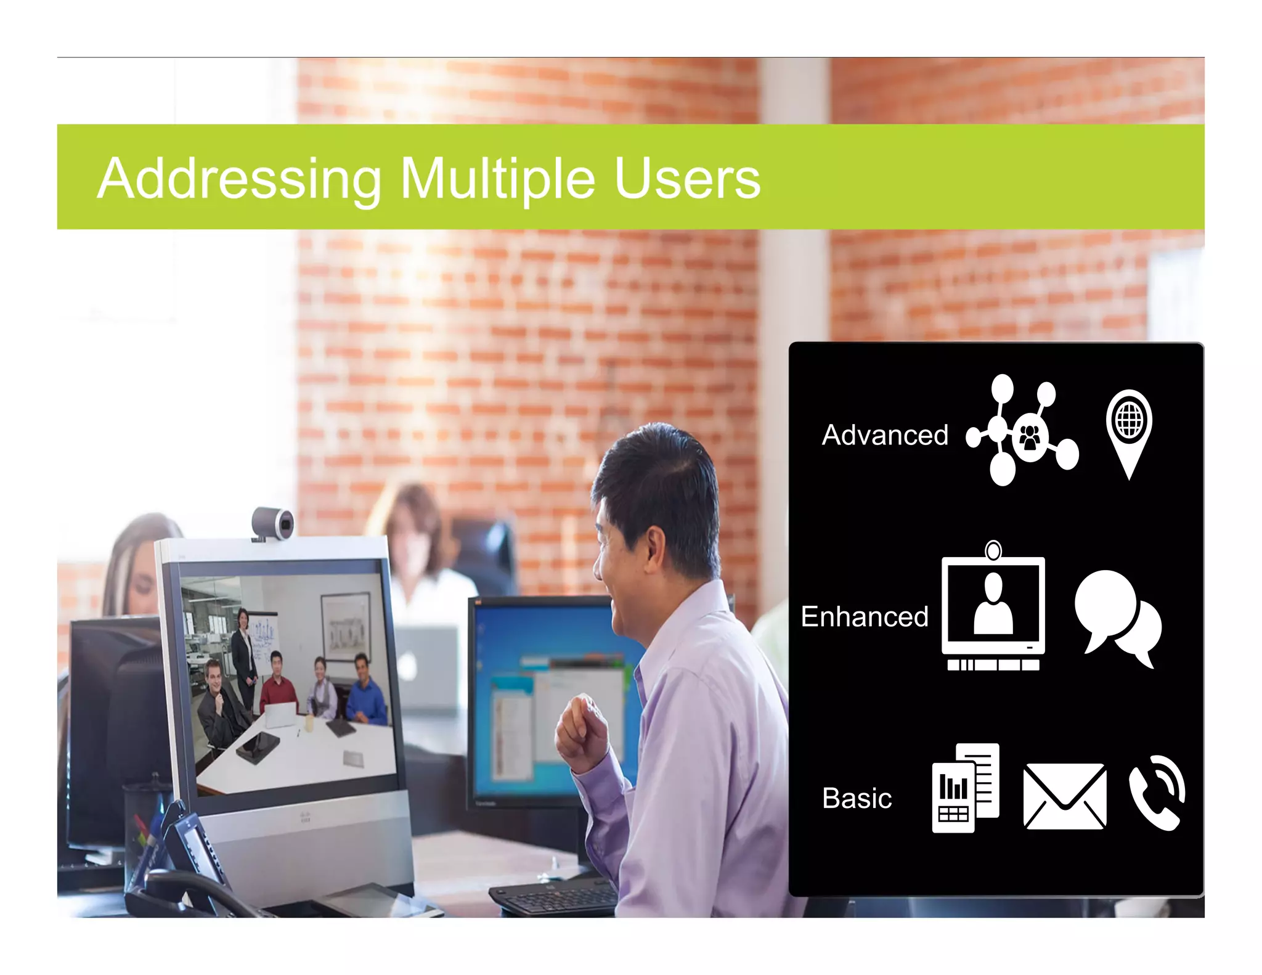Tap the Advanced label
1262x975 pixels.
tap(885, 435)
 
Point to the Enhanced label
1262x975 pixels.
tap(864, 616)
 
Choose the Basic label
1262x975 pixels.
tap(857, 798)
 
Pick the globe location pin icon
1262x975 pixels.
tap(1129, 431)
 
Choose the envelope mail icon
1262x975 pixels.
tap(1064, 796)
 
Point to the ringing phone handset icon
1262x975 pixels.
tap(1157, 793)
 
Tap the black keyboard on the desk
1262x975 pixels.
tap(555, 897)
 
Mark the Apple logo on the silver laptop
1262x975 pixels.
tap(407, 666)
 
